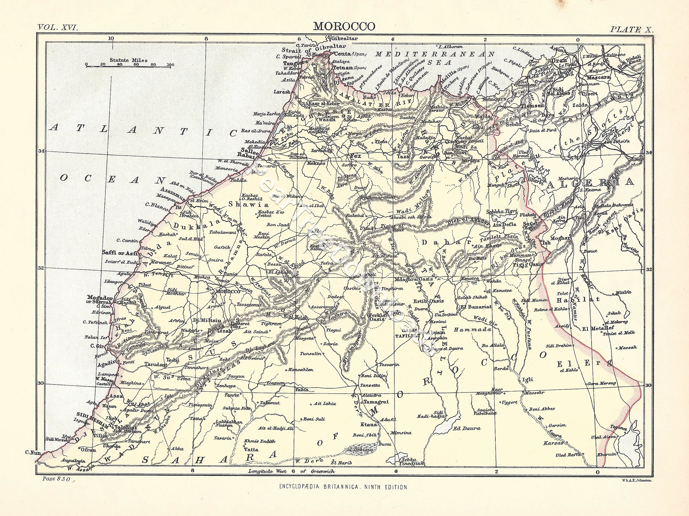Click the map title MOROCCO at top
click(344, 27)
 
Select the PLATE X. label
click(631, 29)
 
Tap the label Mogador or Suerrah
click(100, 299)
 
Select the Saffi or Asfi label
click(119, 253)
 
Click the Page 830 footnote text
click(57, 479)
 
